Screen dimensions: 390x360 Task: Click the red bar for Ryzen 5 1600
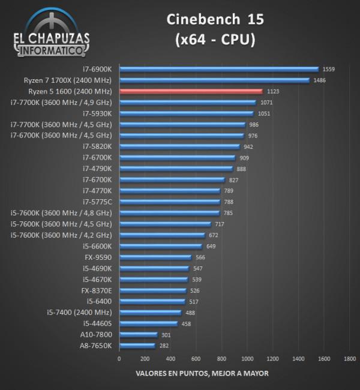click(191, 91)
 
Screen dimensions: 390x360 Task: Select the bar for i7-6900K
click(219, 69)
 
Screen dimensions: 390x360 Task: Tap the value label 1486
click(319, 80)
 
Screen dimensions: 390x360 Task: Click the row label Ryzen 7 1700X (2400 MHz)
click(65, 80)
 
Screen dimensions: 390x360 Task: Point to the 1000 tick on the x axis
click(247, 359)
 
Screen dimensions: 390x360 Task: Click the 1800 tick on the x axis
click(350, 359)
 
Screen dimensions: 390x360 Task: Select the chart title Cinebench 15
click(214, 20)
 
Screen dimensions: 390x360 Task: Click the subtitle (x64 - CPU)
click(214, 40)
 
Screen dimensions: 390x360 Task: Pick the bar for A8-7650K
click(137, 346)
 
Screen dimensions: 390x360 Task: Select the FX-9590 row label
click(98, 257)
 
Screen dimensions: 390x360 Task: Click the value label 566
click(200, 257)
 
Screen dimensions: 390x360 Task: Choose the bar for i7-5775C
click(170, 202)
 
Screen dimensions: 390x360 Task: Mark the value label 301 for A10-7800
click(166, 335)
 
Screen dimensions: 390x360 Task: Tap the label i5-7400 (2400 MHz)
click(79, 313)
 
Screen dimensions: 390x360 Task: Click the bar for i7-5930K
click(187, 113)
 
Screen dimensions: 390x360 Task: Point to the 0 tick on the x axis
click(119, 359)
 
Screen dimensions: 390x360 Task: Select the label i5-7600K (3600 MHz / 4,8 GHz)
click(61, 213)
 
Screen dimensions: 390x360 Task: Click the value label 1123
click(272, 92)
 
